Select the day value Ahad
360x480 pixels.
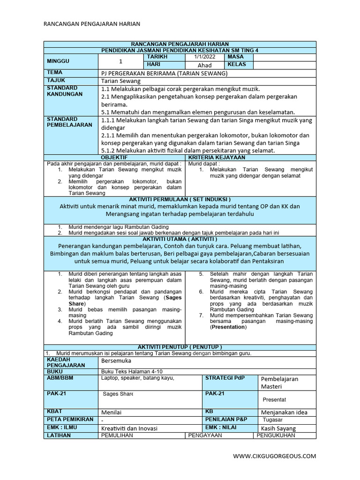204,65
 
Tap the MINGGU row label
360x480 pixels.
58,61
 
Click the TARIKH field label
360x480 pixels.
157,57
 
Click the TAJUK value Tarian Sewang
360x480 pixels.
121,81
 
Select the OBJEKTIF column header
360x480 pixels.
114,158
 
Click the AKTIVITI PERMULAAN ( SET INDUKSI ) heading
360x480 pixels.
180,199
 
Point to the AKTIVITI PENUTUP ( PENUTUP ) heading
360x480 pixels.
180,346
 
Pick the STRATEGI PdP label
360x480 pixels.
225,378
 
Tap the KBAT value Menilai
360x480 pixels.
112,412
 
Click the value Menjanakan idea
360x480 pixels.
284,412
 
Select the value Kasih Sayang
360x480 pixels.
278,428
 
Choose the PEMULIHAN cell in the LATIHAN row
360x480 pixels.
117,435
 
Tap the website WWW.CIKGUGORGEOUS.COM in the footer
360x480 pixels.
275,456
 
